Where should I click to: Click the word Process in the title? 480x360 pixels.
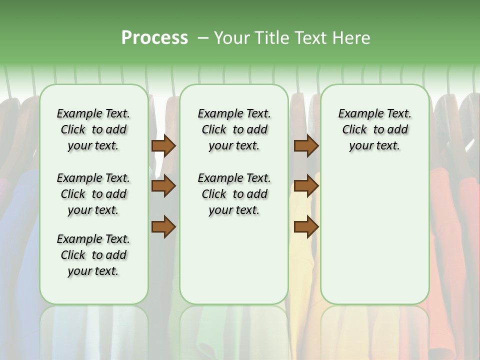pos(154,38)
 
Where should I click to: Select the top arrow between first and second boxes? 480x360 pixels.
pos(163,145)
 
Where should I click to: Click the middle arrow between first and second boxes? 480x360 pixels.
pos(163,186)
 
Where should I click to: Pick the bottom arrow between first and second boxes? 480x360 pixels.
pos(163,227)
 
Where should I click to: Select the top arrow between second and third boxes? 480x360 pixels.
pos(306,145)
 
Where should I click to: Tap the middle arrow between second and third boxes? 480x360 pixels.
pos(306,186)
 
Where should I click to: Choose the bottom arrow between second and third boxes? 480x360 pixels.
pos(306,227)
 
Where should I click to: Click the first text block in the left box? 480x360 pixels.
pos(93,129)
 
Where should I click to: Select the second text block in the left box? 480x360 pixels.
pos(93,194)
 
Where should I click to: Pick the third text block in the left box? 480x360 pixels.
pos(93,255)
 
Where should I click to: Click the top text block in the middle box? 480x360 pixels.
pos(234,129)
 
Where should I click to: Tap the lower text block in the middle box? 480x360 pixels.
pos(234,194)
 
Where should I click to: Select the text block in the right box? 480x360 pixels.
pos(374,129)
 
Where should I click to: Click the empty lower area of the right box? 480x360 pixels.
pos(374,235)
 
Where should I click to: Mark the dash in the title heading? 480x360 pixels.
pos(203,38)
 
